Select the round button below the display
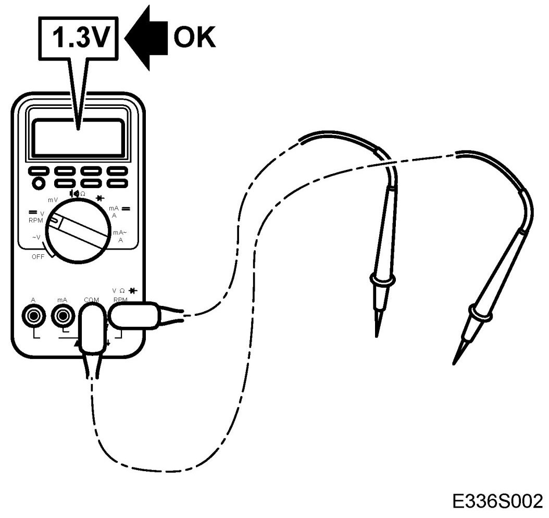(x=38, y=183)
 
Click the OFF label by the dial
(x=38, y=256)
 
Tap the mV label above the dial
(x=53, y=200)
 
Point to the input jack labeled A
(x=33, y=315)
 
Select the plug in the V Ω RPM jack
(x=134, y=315)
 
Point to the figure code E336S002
(x=498, y=503)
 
